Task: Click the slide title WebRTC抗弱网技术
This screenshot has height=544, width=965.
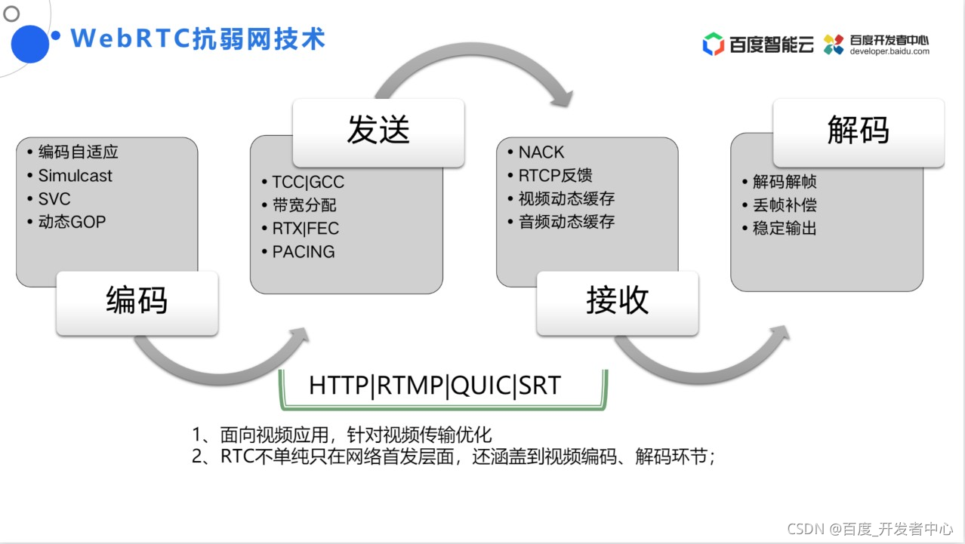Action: [198, 38]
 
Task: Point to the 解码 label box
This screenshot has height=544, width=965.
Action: [858, 131]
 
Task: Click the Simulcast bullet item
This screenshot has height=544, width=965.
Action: [75, 176]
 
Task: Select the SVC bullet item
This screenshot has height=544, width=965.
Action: [54, 199]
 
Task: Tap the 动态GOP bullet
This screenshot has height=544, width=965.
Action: [72, 222]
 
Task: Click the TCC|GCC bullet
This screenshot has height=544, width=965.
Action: [308, 182]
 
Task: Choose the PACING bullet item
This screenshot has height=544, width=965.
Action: [303, 251]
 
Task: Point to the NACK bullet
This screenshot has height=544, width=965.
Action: [541, 152]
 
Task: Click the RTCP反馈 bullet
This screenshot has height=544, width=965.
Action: [555, 176]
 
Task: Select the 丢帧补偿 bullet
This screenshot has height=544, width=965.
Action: [785, 204]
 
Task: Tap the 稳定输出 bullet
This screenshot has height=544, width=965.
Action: [785, 228]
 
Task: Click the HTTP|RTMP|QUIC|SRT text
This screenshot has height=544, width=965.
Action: [435, 386]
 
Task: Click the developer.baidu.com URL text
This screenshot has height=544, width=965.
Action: [889, 51]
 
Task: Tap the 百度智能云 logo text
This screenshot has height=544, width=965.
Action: [771, 45]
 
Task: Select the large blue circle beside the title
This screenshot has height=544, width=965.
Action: [29, 44]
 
